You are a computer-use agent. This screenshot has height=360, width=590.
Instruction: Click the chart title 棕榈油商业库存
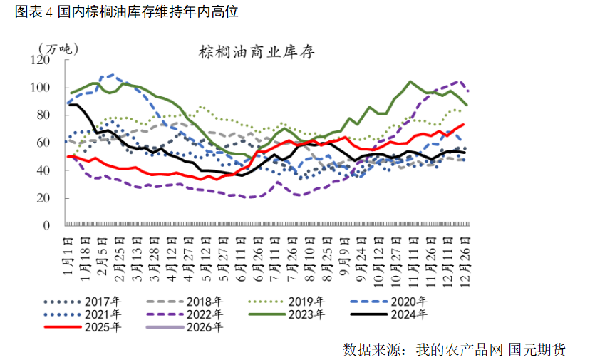[x=257, y=53]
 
